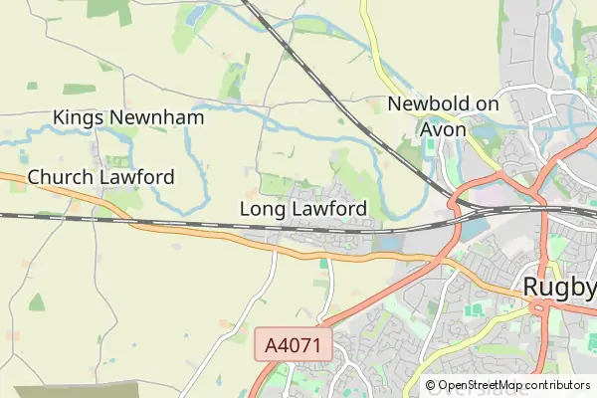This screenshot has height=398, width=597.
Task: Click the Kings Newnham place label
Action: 128,117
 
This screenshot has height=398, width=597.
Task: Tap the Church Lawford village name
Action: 100,177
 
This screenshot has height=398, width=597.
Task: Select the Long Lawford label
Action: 303,209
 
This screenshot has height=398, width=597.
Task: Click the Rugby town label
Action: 559,288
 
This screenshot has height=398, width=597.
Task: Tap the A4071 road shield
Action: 293,345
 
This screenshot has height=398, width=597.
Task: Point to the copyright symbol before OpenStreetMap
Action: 431,385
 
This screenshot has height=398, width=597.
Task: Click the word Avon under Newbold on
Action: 443,128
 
